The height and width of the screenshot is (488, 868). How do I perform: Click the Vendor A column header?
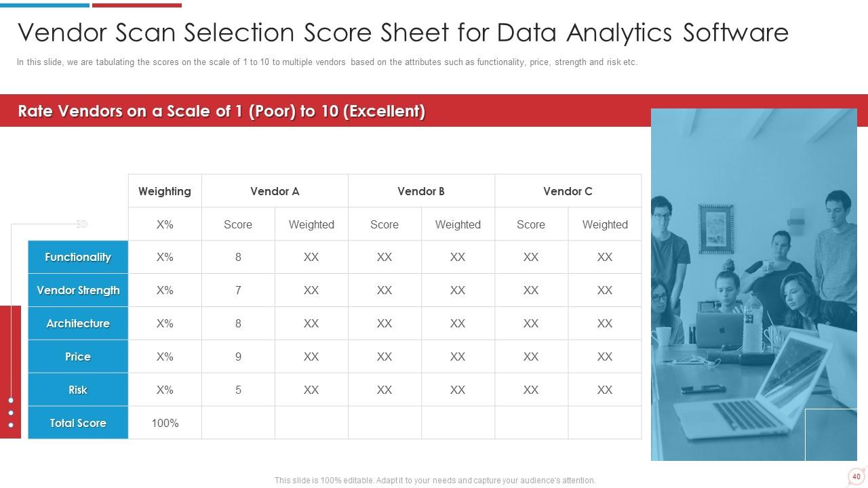click(275, 191)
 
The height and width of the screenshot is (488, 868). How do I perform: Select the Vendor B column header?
click(421, 191)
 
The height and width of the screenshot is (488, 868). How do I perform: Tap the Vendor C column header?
click(568, 191)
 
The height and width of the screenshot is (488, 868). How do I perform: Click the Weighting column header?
click(165, 191)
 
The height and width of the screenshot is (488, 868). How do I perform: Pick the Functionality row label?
click(78, 257)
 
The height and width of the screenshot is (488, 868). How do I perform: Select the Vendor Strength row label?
click(78, 291)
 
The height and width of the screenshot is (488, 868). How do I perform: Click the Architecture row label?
click(78, 323)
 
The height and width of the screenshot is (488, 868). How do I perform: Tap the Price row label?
click(78, 357)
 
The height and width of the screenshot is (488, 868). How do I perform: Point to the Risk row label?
click(78, 390)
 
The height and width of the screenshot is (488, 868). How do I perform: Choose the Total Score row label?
click(78, 423)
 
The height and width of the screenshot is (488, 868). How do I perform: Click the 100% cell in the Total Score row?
click(165, 423)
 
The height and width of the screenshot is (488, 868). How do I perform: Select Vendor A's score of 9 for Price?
click(238, 357)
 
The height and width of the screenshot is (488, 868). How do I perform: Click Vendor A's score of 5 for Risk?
click(238, 390)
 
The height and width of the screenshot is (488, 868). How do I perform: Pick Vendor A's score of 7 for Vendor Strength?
click(238, 291)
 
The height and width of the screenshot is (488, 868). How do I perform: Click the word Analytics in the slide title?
click(619, 33)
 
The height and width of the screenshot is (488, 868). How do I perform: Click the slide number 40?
click(856, 476)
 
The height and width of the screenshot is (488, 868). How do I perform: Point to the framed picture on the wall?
click(716, 229)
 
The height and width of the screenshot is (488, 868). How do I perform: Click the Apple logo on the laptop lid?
click(722, 330)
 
